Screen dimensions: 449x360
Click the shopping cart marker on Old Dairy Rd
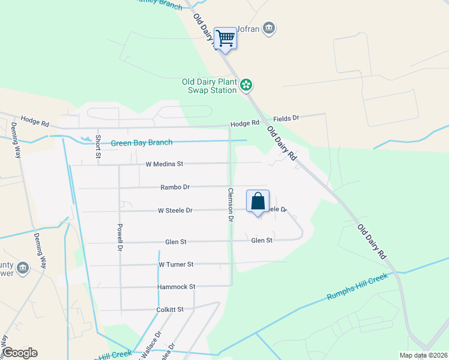click(225, 38)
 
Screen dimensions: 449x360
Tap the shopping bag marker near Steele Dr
click(258, 201)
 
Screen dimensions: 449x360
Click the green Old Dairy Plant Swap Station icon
click(246, 85)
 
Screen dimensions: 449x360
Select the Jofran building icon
click(269, 27)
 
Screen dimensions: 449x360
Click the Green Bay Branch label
click(142, 143)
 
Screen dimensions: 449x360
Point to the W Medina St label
click(164, 164)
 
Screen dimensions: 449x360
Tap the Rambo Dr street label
click(175, 187)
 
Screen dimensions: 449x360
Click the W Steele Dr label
click(175, 211)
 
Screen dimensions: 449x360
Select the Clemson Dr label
click(230, 205)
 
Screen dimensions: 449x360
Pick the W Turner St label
click(176, 264)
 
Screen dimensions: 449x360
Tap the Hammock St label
click(176, 287)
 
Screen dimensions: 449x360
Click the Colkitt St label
click(171, 310)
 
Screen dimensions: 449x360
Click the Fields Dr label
click(286, 119)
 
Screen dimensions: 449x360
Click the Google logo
click(19, 353)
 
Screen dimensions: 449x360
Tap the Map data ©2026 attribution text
click(423, 355)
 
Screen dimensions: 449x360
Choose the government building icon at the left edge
click(23, 267)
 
